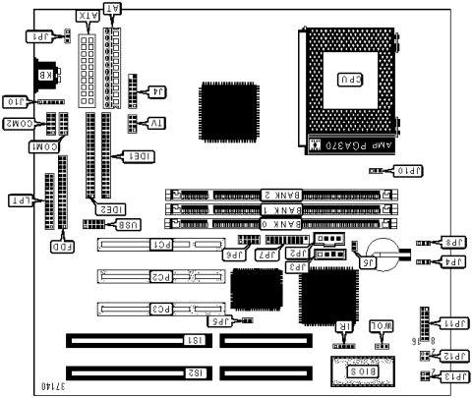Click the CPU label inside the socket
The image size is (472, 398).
349,80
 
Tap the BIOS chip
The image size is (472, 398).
362,370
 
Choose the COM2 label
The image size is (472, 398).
21,124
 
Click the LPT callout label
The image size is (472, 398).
19,200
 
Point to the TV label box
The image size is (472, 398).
154,123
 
